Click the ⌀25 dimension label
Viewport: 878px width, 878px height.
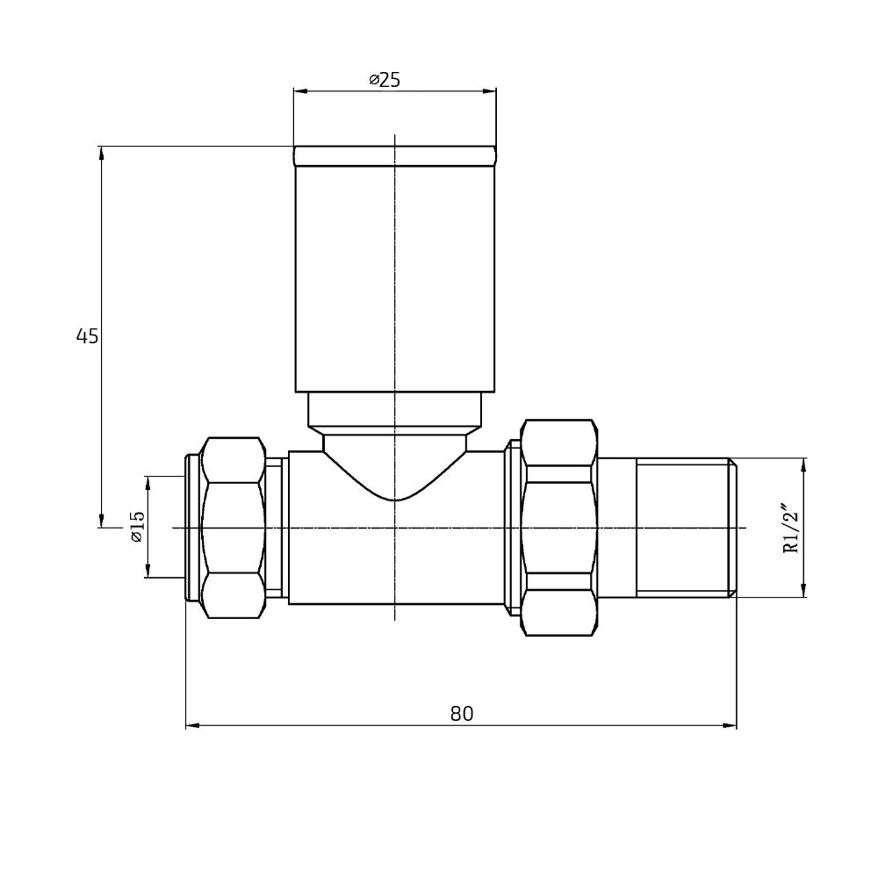[385, 79]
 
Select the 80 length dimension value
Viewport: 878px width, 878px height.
[462, 714]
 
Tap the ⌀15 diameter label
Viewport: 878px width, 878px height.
[136, 526]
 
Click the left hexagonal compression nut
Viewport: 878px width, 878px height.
[233, 527]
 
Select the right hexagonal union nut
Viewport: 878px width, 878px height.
[558, 527]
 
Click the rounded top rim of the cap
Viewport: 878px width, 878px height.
[395, 155]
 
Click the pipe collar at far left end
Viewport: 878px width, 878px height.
[192, 527]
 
